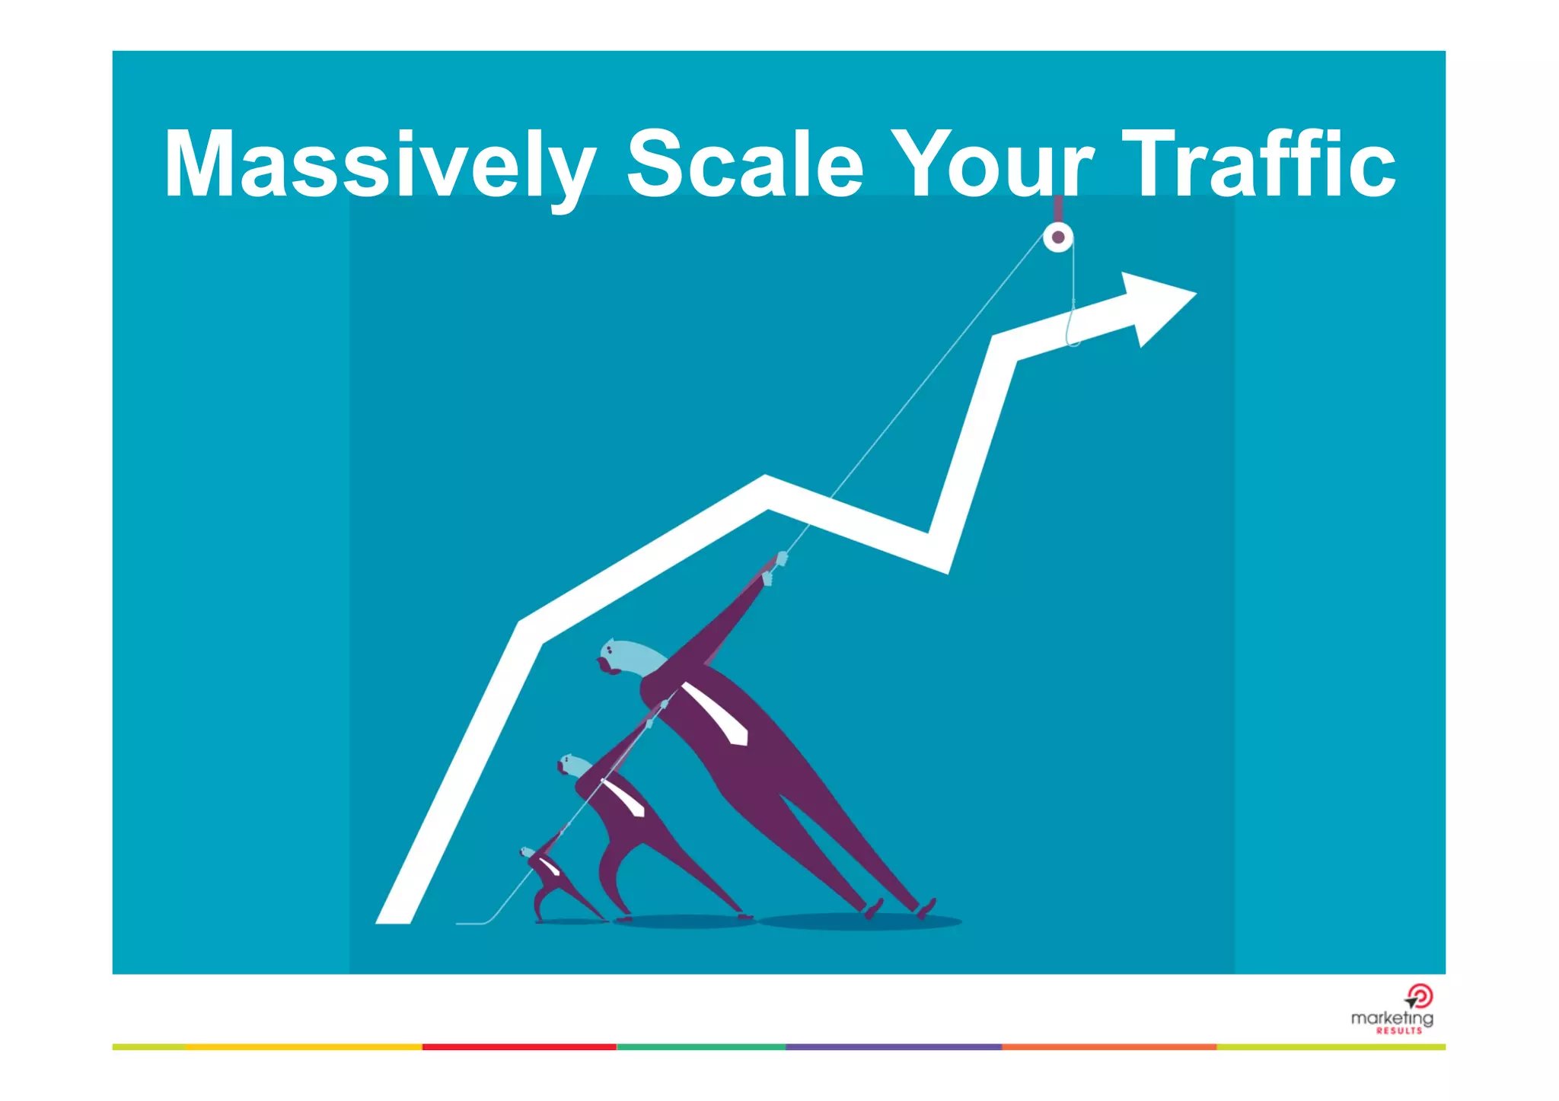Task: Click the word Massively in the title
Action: [379, 166]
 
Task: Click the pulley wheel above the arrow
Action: [1057, 237]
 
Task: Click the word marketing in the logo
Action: [1391, 1018]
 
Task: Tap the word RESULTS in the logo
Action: [1398, 1031]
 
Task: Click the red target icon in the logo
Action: [1420, 996]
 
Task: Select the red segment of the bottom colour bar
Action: [518, 1047]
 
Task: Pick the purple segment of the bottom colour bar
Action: [893, 1047]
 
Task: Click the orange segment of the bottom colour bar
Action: [1108, 1047]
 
